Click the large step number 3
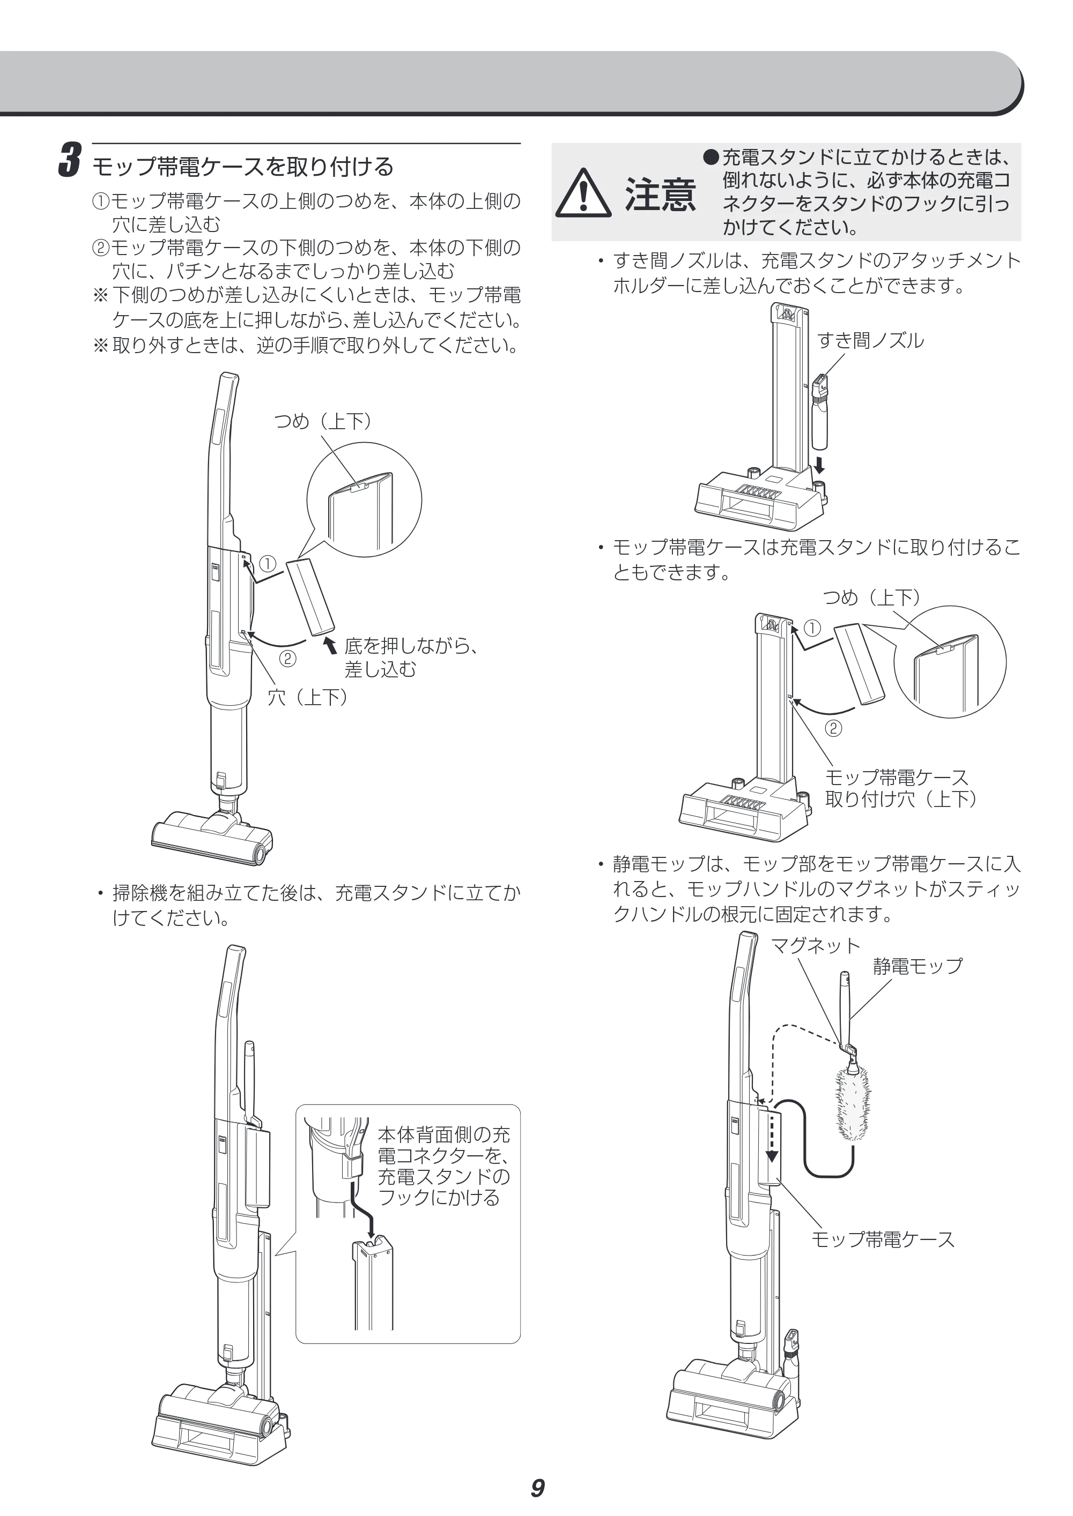tap(69, 160)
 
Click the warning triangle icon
tap(583, 193)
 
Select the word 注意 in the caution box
tap(660, 194)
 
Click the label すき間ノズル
tap(870, 341)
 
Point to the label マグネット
tap(815, 945)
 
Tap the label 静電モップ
tap(917, 966)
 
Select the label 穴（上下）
tap(307, 697)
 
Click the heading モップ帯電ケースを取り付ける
tap(242, 166)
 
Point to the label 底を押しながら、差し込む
tap(410, 657)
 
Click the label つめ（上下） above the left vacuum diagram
tap(323, 421)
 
